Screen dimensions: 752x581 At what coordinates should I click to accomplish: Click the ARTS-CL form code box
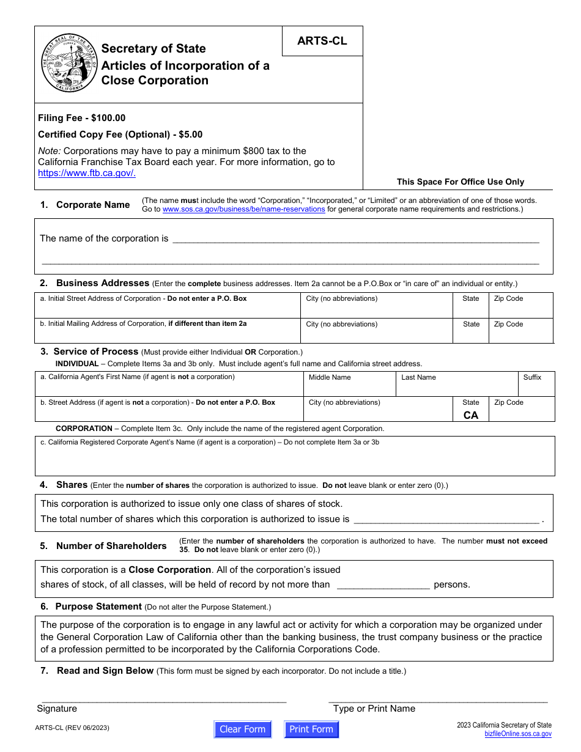[322, 41]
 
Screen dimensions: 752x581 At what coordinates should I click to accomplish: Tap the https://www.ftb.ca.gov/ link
[87, 173]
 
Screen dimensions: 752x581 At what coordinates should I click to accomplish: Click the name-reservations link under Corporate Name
[243, 209]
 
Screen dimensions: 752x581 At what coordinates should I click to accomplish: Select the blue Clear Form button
[242, 729]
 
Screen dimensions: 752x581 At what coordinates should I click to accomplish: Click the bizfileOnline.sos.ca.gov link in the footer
[518, 734]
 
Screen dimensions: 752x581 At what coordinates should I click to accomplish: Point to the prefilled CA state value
[471, 415]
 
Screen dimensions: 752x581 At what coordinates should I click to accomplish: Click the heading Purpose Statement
[98, 606]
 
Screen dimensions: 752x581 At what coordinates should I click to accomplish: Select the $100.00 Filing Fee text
[82, 118]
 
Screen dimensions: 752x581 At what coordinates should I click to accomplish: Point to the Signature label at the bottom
[57, 709]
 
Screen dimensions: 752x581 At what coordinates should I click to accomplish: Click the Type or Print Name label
[374, 709]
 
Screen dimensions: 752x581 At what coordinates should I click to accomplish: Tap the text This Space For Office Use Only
[460, 182]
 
